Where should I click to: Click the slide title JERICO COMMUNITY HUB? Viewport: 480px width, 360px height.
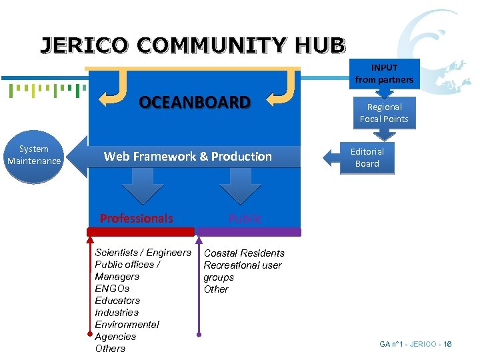193,45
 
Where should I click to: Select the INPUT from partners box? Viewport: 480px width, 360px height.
384,74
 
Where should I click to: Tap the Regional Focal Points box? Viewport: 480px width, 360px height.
384,113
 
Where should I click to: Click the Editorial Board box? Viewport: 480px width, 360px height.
367,157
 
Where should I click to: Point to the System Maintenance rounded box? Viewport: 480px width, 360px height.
34,155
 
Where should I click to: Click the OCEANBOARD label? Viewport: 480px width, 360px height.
194,103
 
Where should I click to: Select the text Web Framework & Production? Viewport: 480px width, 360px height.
188,157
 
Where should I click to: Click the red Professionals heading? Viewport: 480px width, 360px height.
136,219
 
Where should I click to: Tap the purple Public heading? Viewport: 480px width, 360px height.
245,219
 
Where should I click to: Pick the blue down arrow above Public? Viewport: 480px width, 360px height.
240,186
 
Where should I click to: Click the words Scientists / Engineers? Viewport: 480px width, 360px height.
143,253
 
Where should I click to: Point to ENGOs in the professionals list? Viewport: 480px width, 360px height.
112,289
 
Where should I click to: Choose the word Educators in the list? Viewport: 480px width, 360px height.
117,301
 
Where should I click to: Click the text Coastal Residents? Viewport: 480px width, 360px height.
244,253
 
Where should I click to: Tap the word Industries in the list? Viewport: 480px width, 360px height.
117,313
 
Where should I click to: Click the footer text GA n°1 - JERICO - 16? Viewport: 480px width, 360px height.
415,344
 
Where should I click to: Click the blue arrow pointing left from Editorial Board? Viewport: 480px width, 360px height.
331,157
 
